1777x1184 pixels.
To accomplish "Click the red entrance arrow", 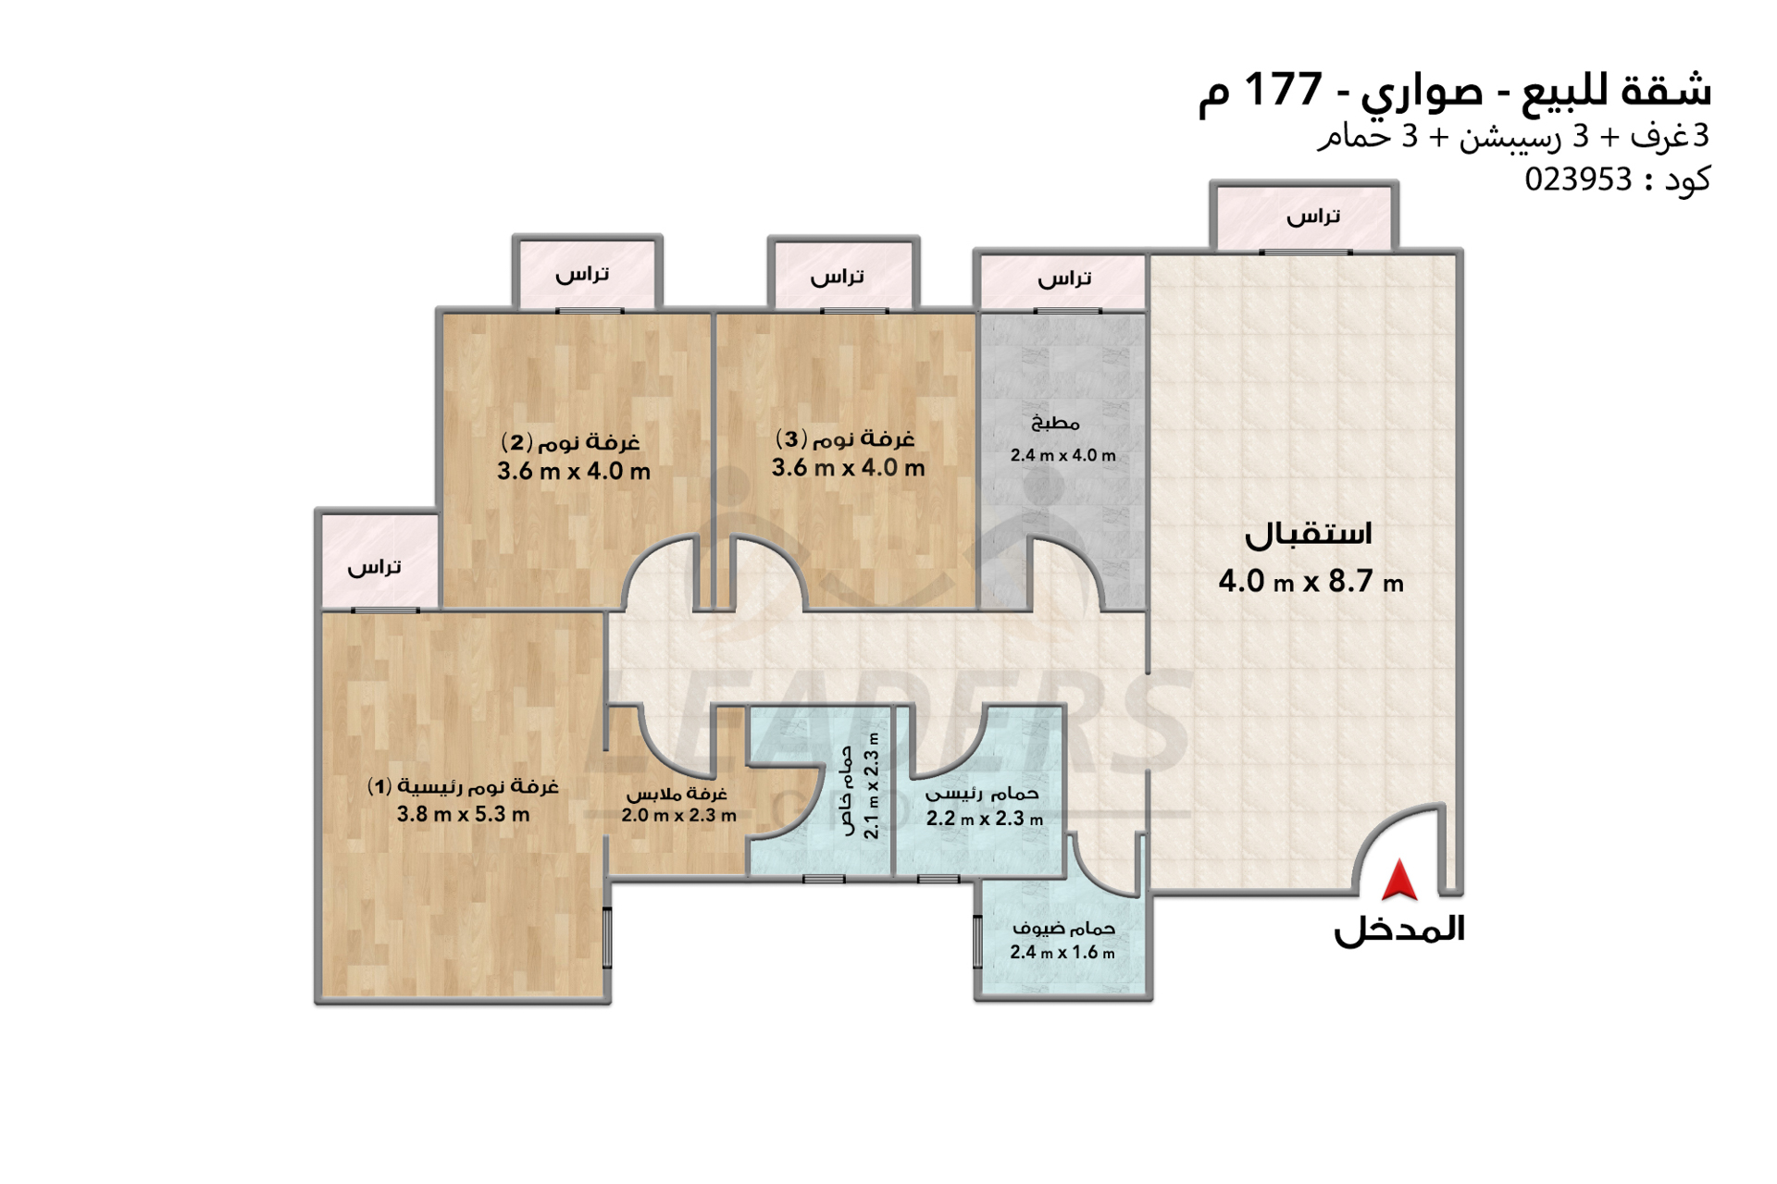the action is click(1398, 880).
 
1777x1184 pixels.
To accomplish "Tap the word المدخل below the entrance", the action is click(1398, 930).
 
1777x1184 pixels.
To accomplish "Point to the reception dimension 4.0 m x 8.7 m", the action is click(1311, 582).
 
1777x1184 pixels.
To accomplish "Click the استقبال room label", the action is click(1308, 534).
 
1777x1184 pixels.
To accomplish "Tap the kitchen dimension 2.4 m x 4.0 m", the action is click(1062, 455).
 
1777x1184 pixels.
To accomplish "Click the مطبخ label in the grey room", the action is click(1055, 423).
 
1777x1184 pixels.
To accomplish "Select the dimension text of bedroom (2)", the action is click(573, 471).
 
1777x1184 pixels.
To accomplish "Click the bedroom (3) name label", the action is click(845, 438).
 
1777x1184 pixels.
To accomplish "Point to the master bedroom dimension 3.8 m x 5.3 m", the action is click(463, 814).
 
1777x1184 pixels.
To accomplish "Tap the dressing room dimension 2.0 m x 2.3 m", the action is click(678, 816).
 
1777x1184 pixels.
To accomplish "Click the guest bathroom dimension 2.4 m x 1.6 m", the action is click(1062, 953).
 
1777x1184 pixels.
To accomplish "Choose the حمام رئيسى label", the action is click(982, 794).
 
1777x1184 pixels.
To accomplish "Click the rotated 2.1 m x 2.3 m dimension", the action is click(871, 786).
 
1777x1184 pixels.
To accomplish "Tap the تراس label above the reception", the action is click(1313, 216).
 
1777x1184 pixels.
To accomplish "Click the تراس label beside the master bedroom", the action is click(374, 566).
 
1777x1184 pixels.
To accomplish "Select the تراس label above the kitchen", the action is click(1064, 278).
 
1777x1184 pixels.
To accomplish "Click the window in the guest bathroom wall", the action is click(977, 942).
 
